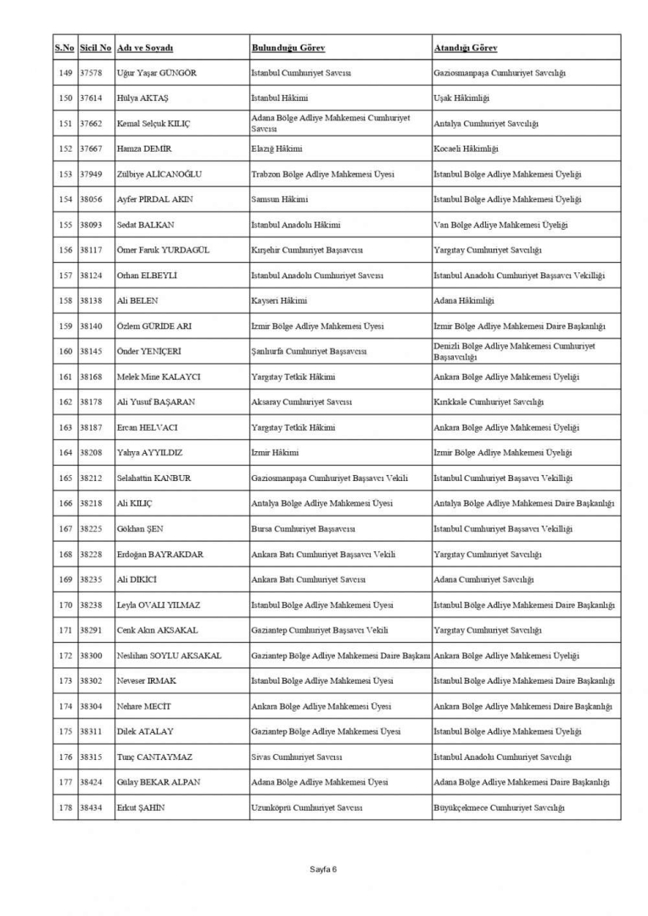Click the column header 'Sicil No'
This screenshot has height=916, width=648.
pyautogui.click(x=95, y=47)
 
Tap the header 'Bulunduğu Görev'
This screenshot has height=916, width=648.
pyautogui.click(x=288, y=47)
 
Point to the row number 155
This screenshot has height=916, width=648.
pyautogui.click(x=64, y=225)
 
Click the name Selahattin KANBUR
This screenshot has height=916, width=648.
pyautogui.click(x=154, y=478)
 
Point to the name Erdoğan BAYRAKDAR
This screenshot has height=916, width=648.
pyautogui.click(x=159, y=554)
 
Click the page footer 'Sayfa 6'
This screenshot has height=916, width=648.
pyautogui.click(x=323, y=869)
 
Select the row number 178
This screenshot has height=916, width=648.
pyautogui.click(x=64, y=807)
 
